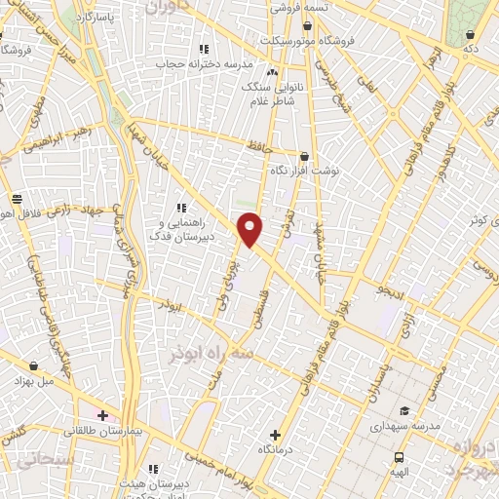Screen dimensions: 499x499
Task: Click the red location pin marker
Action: click(250, 229)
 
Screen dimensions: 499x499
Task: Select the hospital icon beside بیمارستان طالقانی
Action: click(103, 415)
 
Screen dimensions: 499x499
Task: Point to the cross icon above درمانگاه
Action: click(275, 435)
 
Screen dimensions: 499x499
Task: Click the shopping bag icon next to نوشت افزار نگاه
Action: click(305, 156)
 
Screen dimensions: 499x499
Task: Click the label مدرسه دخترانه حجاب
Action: click(204, 63)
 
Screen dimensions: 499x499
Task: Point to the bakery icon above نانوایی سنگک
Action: click(272, 73)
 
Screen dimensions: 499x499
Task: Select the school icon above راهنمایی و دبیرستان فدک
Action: click(180, 207)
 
